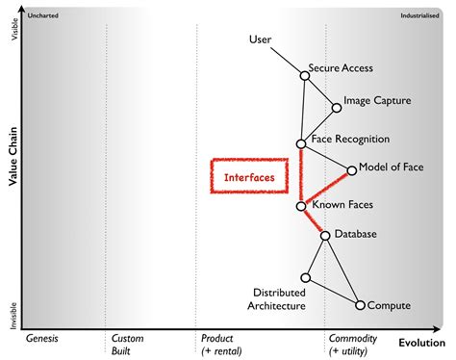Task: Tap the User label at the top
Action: pos(261,39)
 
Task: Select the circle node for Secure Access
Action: pos(305,77)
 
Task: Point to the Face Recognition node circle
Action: pos(301,143)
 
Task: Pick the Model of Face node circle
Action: pos(352,170)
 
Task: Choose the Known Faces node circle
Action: pos(301,206)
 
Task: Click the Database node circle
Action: pos(325,235)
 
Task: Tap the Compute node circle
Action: pos(360,305)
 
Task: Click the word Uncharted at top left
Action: pos(39,16)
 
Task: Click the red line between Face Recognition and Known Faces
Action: pos(301,175)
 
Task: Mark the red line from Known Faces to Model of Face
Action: pos(327,188)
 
